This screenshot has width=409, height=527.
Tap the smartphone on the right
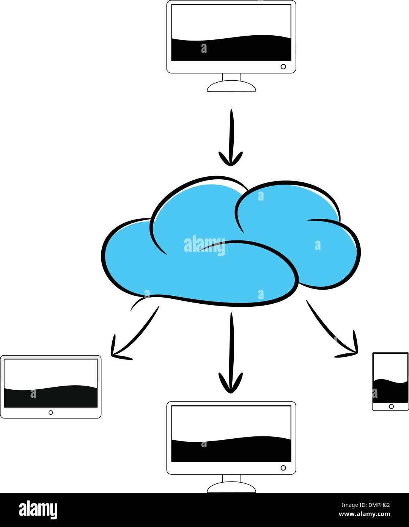click(390, 381)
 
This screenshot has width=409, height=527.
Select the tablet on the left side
click(50, 386)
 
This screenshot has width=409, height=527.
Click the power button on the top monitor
click(283, 67)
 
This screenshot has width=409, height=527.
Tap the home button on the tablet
click(50, 413)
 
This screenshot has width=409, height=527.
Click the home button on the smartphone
click(391, 406)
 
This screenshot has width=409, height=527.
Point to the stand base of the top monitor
click(231, 87)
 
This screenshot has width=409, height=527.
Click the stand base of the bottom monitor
click(231, 488)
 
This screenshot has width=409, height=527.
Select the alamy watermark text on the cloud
click(204, 245)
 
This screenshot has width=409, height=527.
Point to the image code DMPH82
click(375, 504)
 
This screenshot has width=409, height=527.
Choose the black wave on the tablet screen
click(50, 397)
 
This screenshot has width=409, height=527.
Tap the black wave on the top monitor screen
click(231, 49)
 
